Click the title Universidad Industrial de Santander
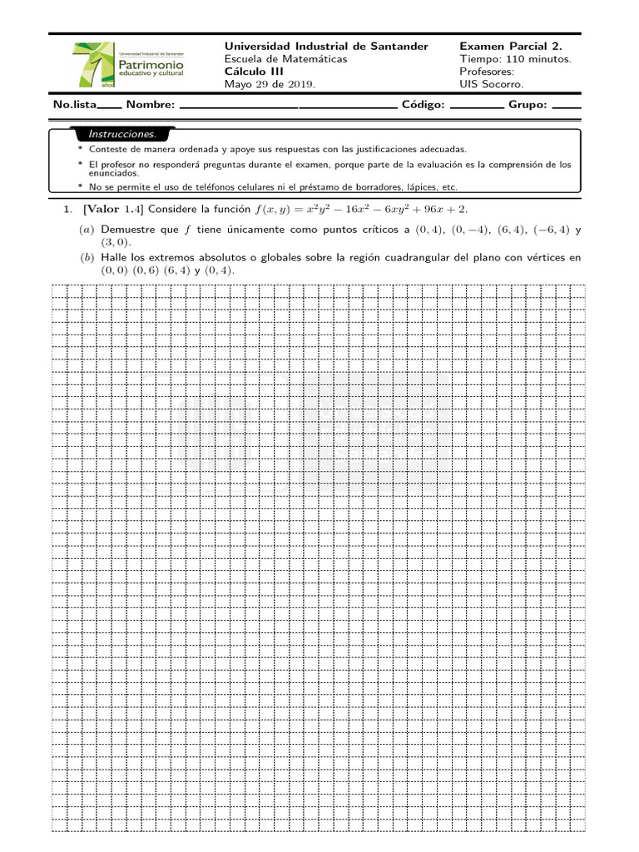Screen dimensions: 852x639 pyautogui.click(x=326, y=47)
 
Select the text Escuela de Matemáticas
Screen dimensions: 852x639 pyautogui.click(x=286, y=59)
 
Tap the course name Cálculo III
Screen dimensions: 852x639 pyautogui.click(x=255, y=72)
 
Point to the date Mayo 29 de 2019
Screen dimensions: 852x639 pyautogui.click(x=270, y=84)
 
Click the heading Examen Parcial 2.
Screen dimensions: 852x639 pyautogui.click(x=510, y=47)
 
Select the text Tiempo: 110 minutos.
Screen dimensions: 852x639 pyautogui.click(x=515, y=59)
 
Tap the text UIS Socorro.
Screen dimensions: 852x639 pyautogui.click(x=493, y=84)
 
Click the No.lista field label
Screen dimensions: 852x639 pyautogui.click(x=75, y=105)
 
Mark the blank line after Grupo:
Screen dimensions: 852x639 pyautogui.click(x=567, y=106)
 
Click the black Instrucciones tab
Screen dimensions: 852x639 pyautogui.click(x=122, y=134)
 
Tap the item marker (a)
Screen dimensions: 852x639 pyautogui.click(x=87, y=229)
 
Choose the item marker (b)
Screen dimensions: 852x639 pyautogui.click(x=87, y=258)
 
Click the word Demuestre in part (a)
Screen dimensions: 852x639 pyautogui.click(x=127, y=229)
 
